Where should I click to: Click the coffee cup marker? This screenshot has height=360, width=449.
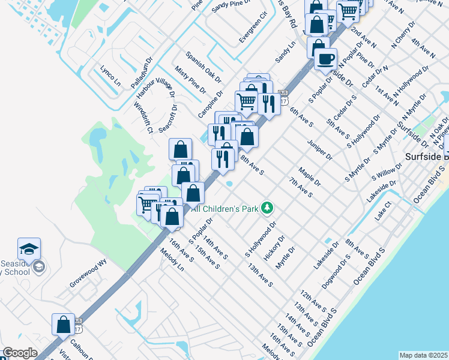point(326,59)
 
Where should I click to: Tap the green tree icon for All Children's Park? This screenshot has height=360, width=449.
point(267,209)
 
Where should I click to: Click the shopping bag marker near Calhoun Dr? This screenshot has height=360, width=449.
point(63,325)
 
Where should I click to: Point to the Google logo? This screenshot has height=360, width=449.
point(20,353)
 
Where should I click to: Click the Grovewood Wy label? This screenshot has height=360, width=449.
point(87,272)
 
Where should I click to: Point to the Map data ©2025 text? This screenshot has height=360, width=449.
point(423,355)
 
